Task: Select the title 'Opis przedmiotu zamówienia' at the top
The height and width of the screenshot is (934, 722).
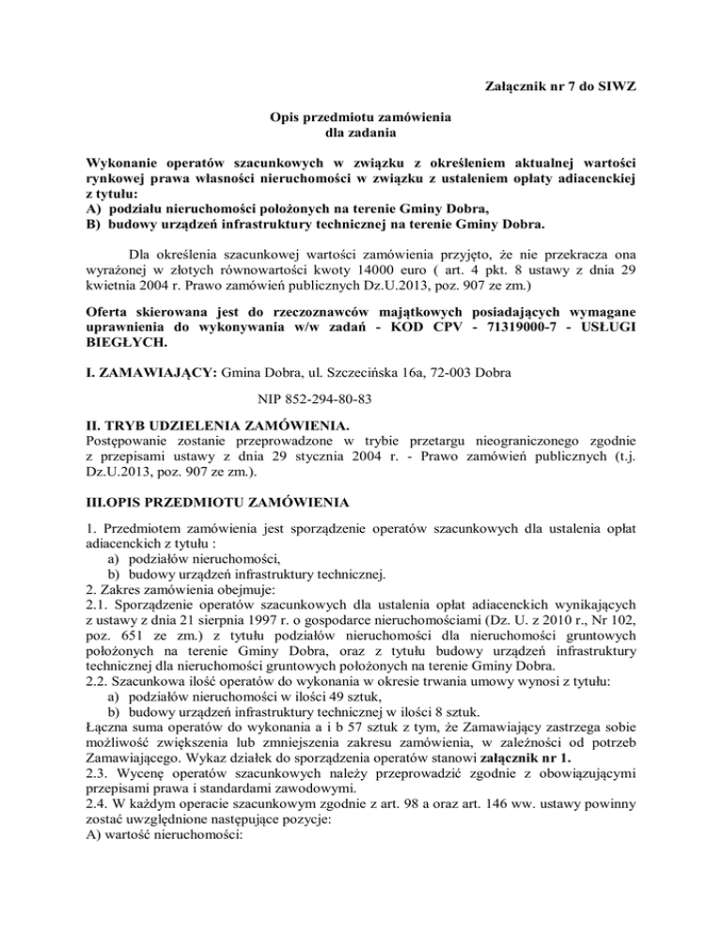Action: pos(360,117)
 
